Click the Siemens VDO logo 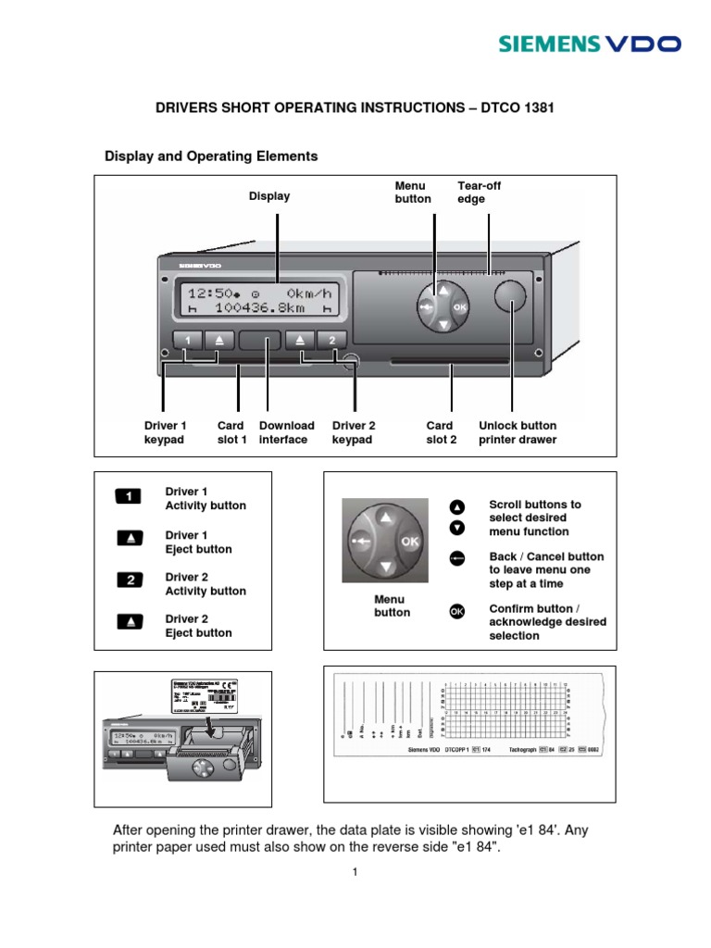click(x=591, y=44)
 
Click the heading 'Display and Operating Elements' click(x=211, y=156)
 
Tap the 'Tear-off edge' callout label click(x=480, y=193)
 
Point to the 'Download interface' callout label click(x=286, y=432)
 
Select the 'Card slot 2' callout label click(x=442, y=432)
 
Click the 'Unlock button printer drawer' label click(x=518, y=432)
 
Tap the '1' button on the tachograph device click(x=188, y=340)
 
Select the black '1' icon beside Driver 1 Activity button click(x=129, y=497)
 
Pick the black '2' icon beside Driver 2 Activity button click(x=129, y=581)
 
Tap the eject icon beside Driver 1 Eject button click(x=129, y=539)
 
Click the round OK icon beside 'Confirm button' click(x=455, y=611)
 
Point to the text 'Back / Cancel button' click(x=546, y=556)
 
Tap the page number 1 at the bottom click(x=355, y=872)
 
